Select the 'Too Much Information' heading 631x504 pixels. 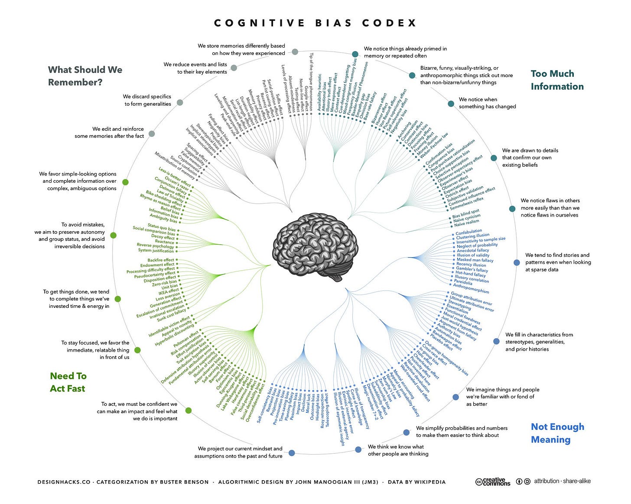pos(557,80)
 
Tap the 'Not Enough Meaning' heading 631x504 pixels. pos(557,433)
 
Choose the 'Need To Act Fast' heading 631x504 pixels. pos(68,382)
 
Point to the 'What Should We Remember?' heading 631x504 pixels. pos(85,76)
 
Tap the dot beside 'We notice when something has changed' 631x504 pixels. pos(451,104)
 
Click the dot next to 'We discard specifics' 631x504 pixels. pos(180,102)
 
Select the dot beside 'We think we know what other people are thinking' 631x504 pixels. pos(358,449)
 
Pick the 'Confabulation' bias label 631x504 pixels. pos(468,233)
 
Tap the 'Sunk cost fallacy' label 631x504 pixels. pos(172,315)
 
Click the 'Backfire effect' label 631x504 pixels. pos(161,260)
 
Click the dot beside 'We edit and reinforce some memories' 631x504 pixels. pos(152,134)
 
